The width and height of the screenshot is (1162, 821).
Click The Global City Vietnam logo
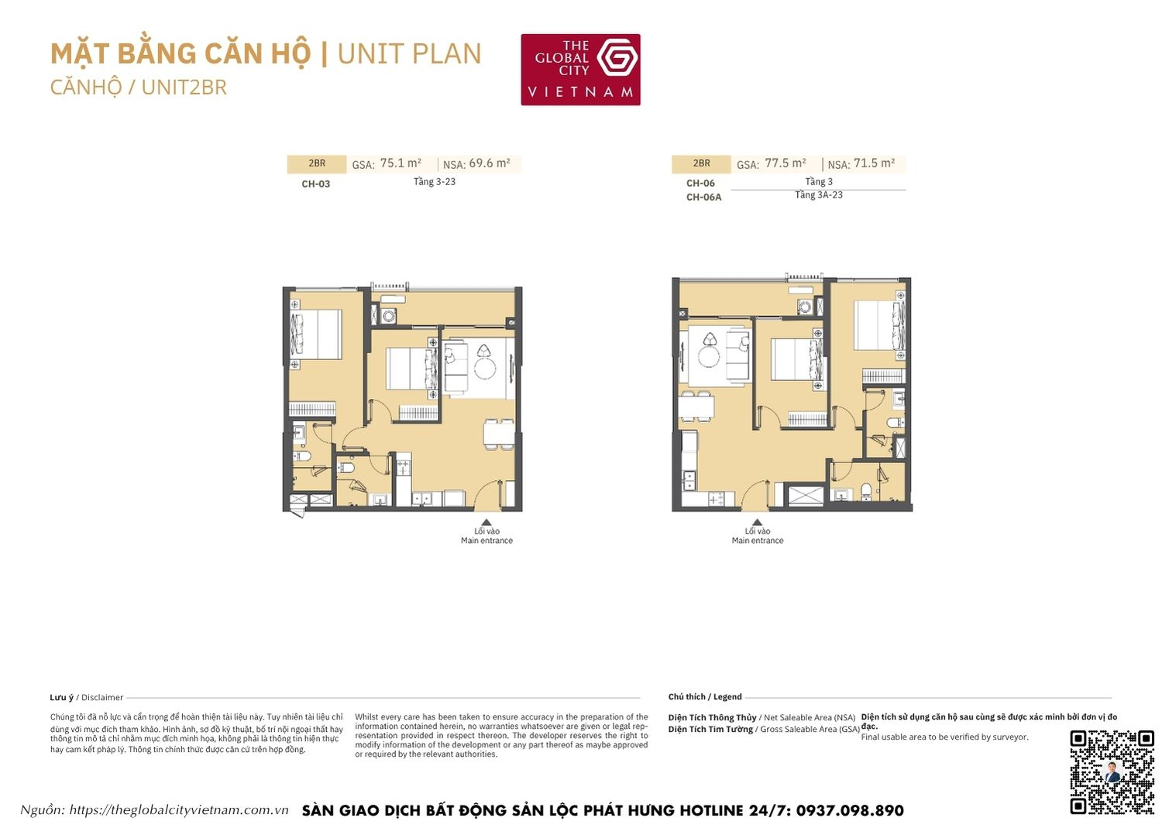click(580, 70)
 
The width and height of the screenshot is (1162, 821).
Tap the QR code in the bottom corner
click(1112, 771)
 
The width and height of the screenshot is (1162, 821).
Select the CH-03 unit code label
click(315, 184)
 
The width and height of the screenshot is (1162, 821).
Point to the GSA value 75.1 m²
click(401, 163)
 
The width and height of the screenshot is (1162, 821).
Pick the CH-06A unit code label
click(703, 198)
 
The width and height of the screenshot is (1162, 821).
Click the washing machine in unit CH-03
click(389, 315)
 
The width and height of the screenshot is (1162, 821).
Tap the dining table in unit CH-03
click(498, 434)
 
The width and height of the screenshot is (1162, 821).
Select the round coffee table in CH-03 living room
click(484, 368)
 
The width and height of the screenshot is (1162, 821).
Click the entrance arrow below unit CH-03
click(486, 523)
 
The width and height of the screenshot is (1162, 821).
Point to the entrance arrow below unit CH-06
click(757, 523)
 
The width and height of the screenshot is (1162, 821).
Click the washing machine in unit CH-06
click(805, 307)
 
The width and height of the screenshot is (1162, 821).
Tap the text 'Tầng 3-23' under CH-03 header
click(434, 182)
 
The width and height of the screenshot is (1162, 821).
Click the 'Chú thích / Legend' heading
click(705, 697)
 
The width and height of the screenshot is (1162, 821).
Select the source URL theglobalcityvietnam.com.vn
click(179, 810)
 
